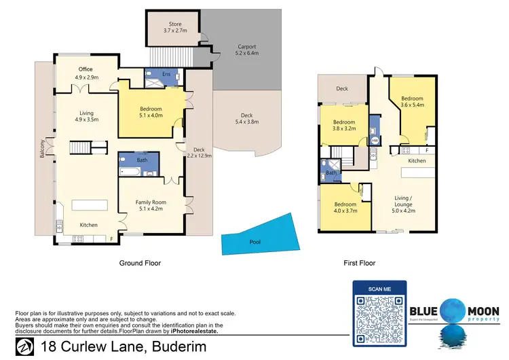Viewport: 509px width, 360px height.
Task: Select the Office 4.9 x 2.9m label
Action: [86, 73]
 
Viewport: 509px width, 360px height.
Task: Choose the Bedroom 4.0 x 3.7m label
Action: [345, 208]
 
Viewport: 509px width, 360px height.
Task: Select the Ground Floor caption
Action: [142, 263]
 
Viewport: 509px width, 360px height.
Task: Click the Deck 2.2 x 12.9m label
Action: [199, 153]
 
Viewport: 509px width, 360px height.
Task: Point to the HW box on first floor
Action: [374, 141]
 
